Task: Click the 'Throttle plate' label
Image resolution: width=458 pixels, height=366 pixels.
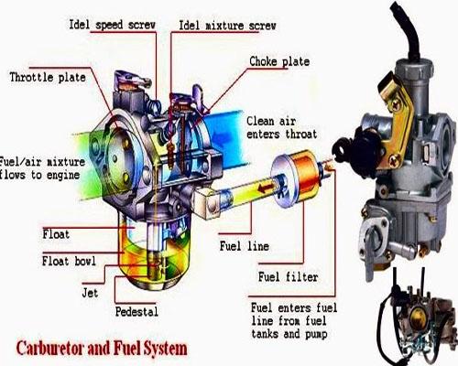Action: (48, 78)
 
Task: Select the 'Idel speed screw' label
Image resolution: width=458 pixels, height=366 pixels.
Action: (113, 25)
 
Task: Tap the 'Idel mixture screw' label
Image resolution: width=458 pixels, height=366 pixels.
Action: (227, 26)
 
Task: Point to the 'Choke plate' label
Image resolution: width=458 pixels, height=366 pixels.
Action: (279, 61)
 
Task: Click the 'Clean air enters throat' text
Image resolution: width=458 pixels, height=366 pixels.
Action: (281, 127)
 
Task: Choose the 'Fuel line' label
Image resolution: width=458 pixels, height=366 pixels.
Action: (245, 246)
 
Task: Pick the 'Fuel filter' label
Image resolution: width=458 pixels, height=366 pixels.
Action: (288, 277)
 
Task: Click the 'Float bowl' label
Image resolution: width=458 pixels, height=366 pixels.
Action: (69, 261)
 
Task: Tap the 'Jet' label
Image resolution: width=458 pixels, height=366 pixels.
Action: (90, 293)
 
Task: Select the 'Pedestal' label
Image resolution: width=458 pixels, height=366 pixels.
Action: (136, 312)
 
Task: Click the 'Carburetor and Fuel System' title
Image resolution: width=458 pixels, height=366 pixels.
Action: (102, 349)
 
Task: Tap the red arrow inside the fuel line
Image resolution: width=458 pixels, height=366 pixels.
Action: (265, 188)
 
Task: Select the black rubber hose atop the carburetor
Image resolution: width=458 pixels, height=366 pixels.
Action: (406, 30)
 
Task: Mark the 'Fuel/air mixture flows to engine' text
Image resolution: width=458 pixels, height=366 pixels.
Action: (42, 168)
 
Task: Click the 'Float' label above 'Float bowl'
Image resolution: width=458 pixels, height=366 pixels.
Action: (56, 234)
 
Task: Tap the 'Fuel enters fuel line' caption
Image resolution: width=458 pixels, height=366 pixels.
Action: (294, 320)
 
